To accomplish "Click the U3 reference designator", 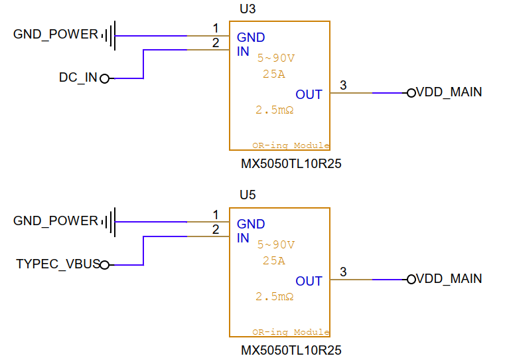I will click(247, 9).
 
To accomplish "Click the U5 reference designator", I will click(247, 195).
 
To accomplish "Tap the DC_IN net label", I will click(78, 78).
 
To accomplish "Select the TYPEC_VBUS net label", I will click(58, 264).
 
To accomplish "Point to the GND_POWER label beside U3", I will click(56, 35).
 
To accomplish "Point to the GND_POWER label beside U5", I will click(56, 221).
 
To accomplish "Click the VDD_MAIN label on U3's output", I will click(449, 93).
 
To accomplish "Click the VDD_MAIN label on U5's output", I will click(449, 280).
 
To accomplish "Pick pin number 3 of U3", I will click(342, 85).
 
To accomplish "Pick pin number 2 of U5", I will click(215, 229).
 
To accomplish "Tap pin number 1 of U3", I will click(215, 28).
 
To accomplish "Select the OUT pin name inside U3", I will click(309, 95).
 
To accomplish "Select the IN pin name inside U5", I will click(243, 238).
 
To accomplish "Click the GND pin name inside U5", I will click(251, 225).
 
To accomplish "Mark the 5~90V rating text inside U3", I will click(275, 58).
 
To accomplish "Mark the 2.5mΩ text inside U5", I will click(274, 296).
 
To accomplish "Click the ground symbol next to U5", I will click(110, 221).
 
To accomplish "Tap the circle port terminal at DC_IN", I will click(104, 78).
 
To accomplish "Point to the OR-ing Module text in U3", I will click(290, 145).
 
